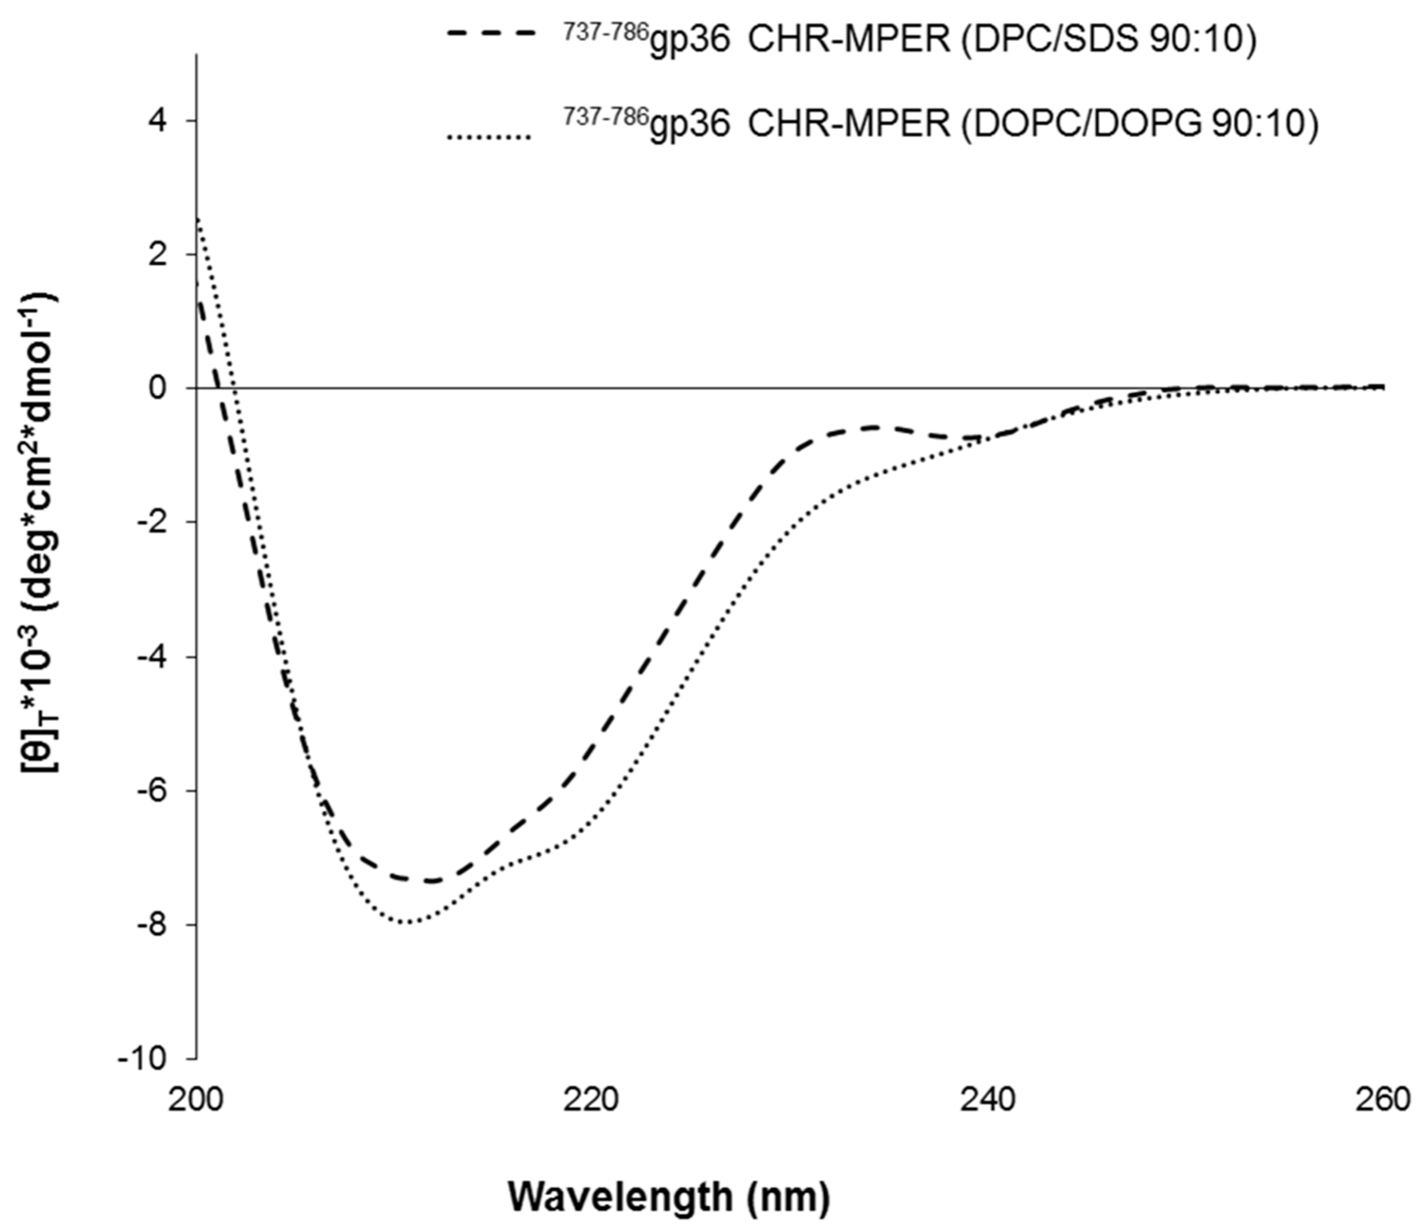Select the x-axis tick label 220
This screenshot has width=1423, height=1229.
pos(593,1100)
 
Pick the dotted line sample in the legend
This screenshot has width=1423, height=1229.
pos(489,138)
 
